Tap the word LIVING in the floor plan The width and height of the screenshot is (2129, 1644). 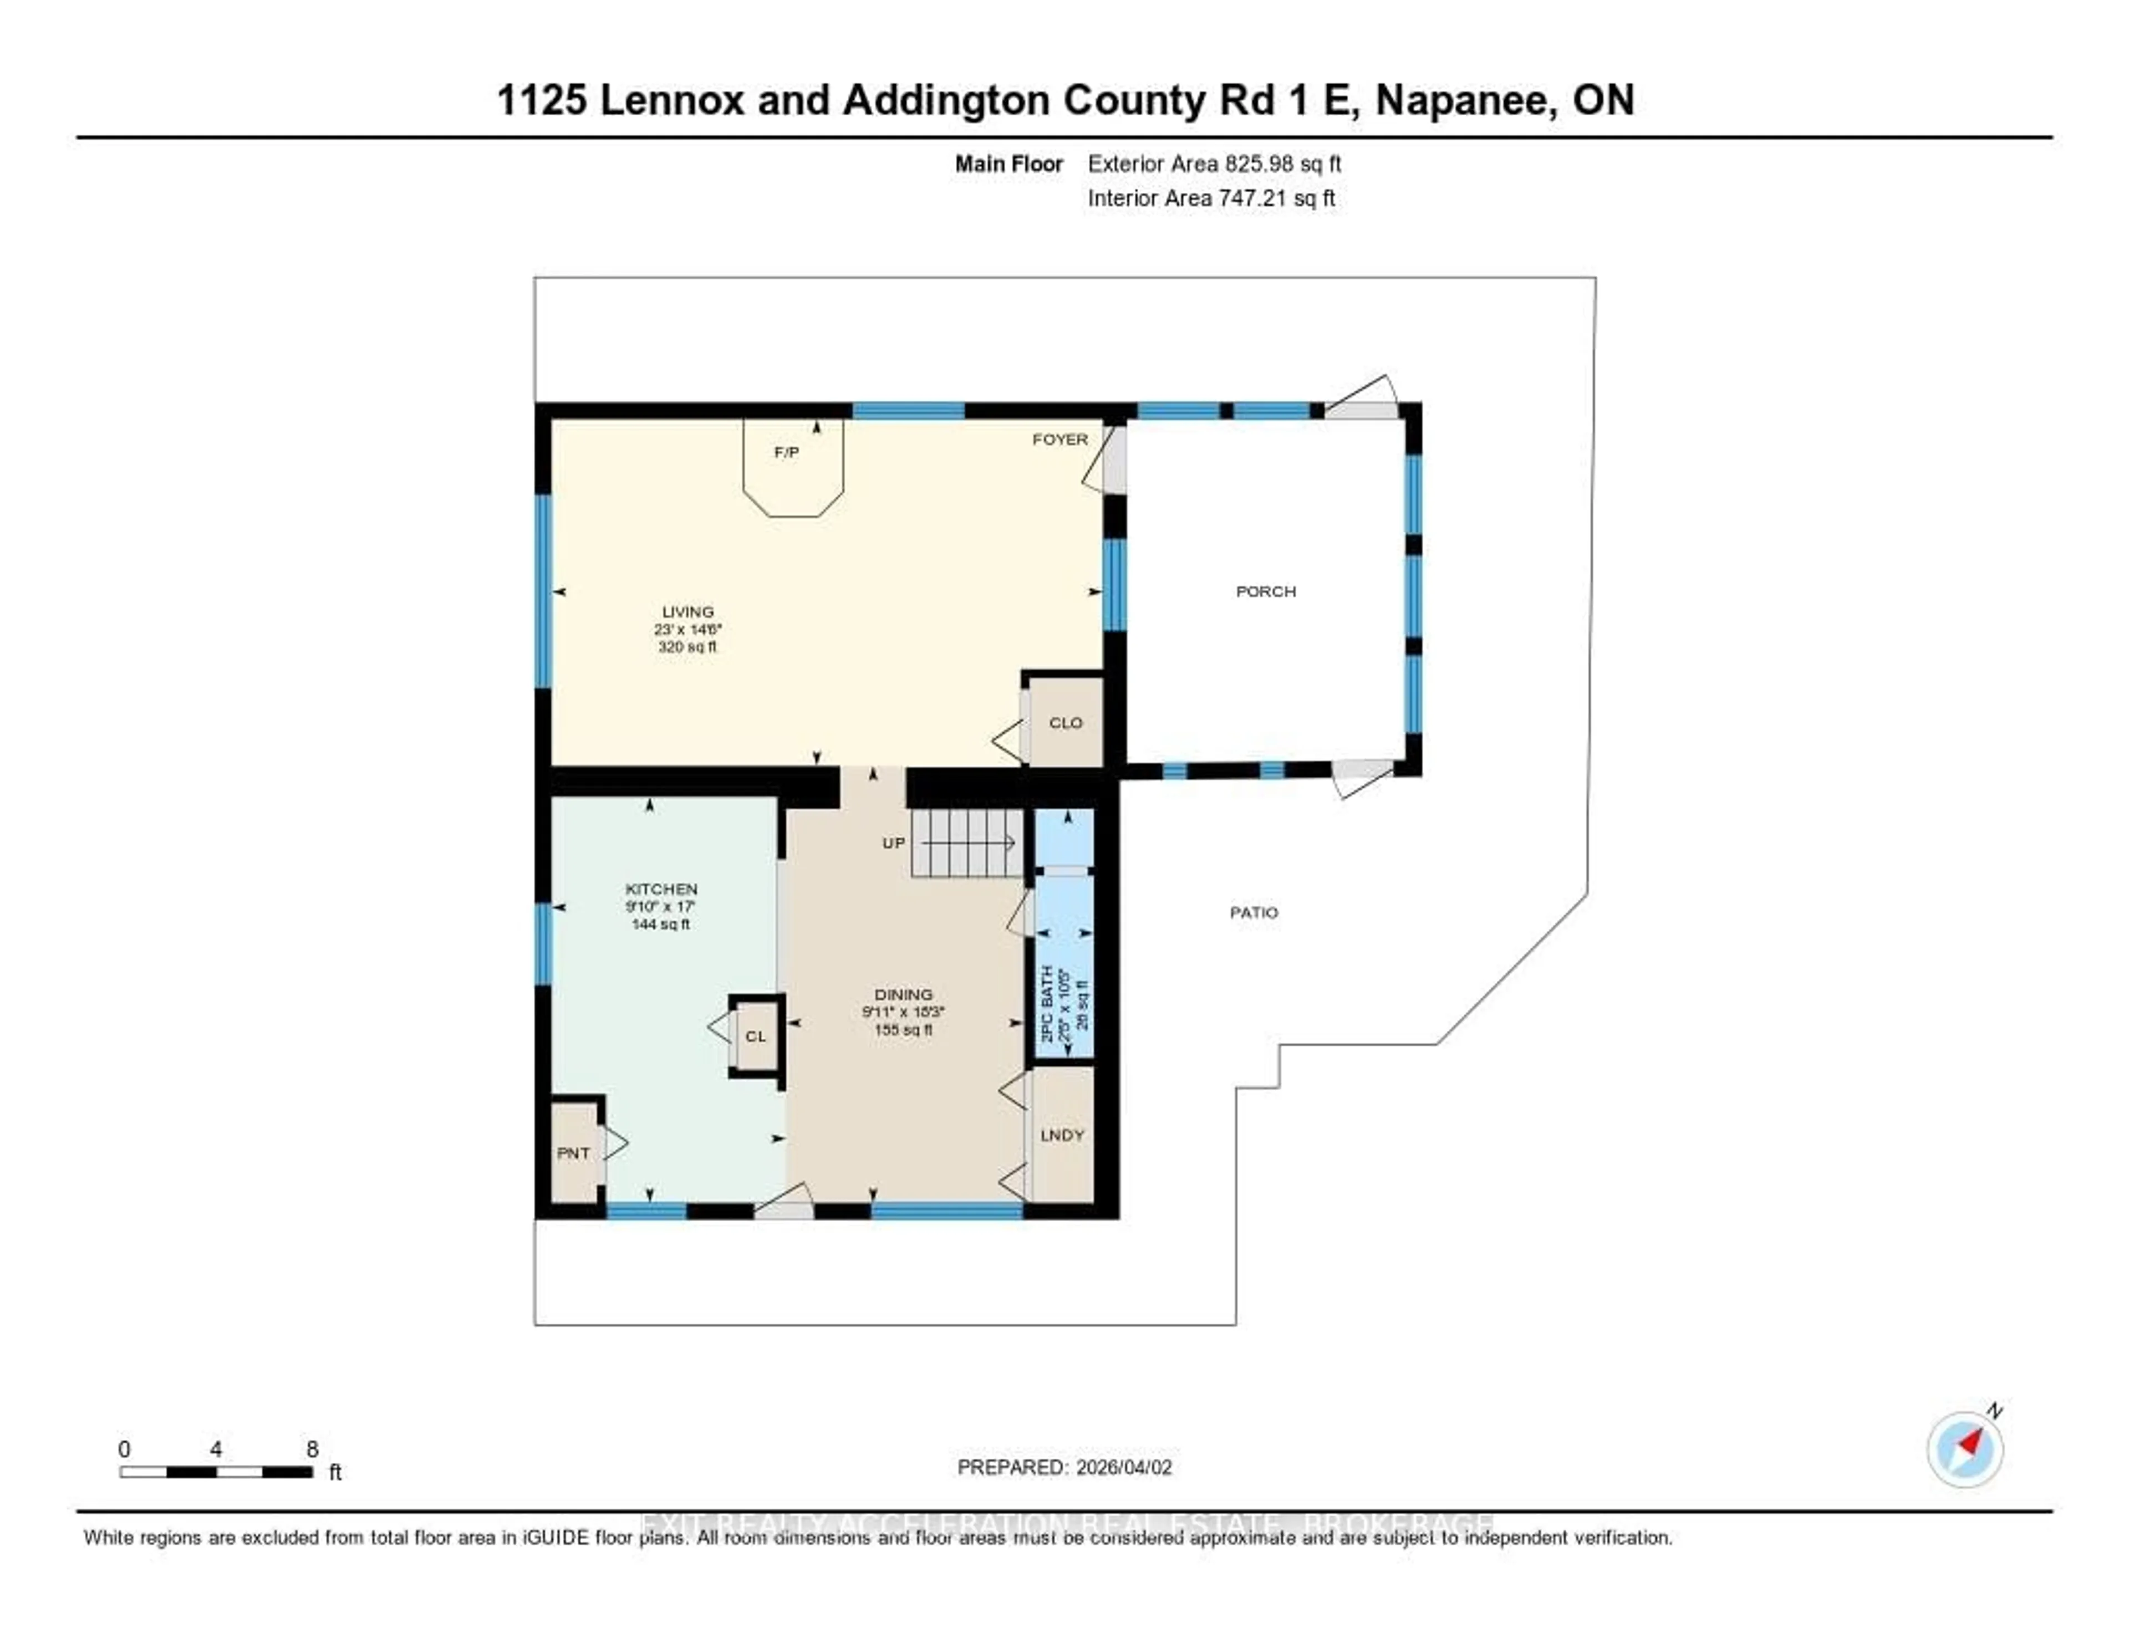(x=687, y=612)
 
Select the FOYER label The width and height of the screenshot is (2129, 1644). (x=1060, y=440)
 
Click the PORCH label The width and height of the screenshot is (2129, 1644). (x=1265, y=591)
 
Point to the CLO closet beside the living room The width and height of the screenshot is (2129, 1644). (x=1066, y=722)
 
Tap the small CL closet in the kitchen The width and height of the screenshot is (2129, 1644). (x=756, y=1036)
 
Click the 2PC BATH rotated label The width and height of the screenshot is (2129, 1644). (x=1048, y=1004)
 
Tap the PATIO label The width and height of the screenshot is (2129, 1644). (x=1254, y=912)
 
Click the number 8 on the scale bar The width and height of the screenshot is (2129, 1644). (x=312, y=1449)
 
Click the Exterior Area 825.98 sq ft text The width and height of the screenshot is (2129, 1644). (x=1214, y=164)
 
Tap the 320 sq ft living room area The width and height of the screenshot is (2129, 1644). (x=687, y=647)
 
